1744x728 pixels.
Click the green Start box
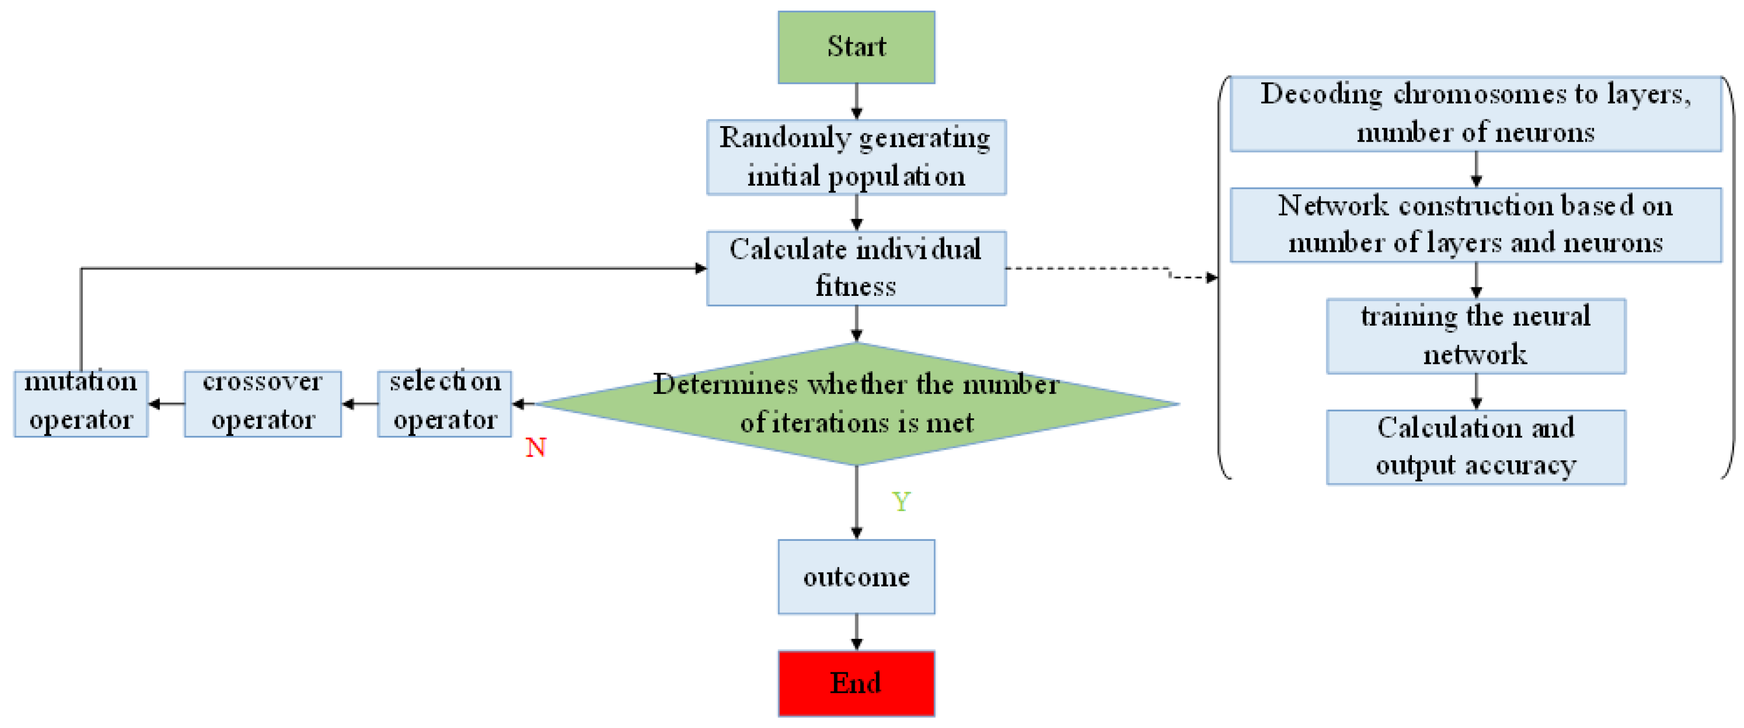856,47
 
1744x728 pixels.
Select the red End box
856,683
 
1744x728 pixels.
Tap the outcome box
856,576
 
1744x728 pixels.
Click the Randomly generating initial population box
856,157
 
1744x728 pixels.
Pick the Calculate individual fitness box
856,268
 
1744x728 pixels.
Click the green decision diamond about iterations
856,404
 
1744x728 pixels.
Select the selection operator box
444,404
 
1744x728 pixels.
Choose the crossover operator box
263,404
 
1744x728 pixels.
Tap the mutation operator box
81,404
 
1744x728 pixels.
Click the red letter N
535,447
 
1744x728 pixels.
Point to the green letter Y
901,502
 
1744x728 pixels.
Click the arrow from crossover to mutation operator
166,404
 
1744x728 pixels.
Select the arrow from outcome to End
856,632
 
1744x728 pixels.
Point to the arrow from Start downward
856,101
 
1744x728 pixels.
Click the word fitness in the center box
856,286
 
